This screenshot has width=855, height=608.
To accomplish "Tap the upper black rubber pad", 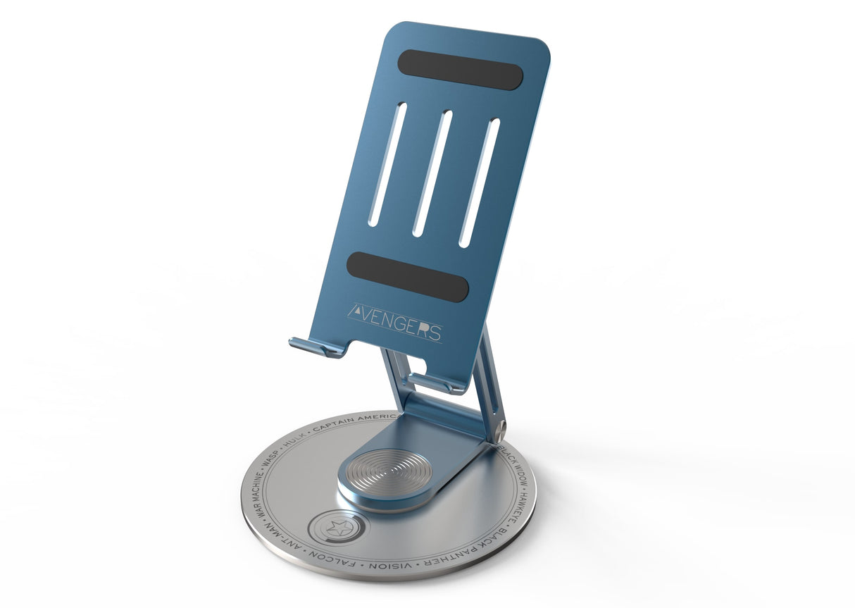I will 460,70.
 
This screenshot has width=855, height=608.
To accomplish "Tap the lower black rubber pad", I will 408,277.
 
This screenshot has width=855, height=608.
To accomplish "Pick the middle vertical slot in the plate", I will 432,173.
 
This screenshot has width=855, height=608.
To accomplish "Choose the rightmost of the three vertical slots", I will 479,182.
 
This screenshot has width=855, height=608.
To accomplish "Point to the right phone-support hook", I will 436,383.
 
